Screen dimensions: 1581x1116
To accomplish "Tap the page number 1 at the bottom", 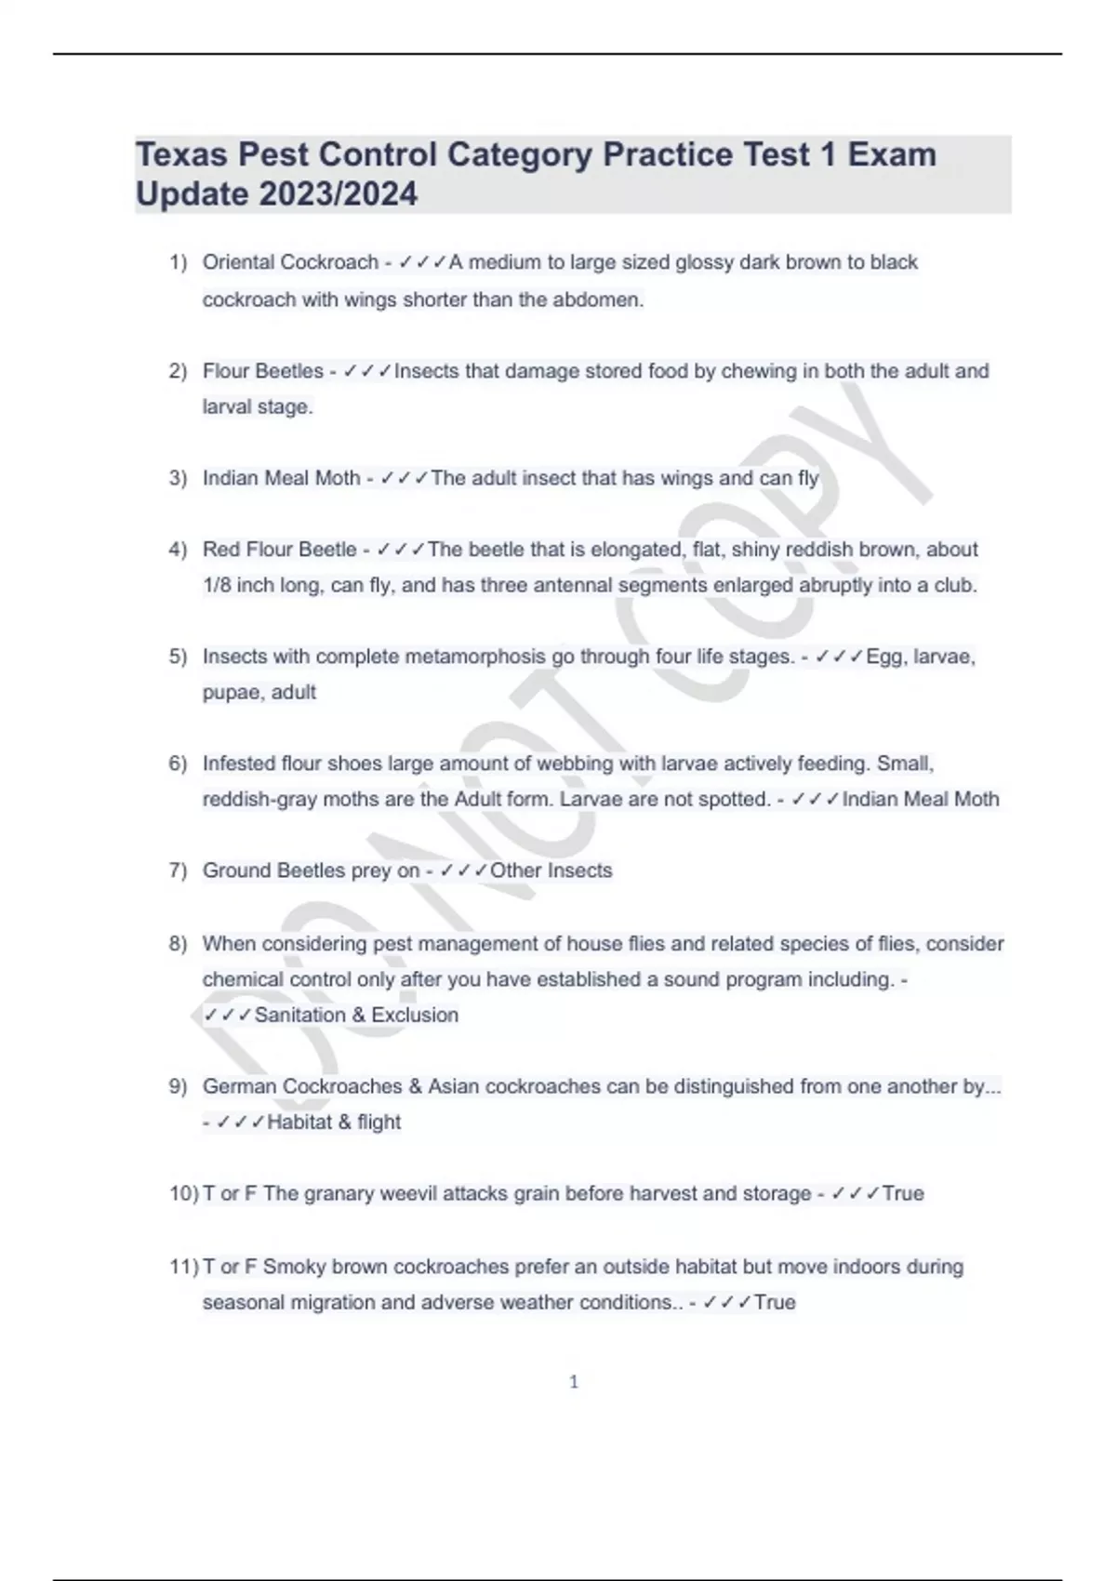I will (x=574, y=1382).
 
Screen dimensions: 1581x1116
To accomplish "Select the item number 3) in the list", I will (x=178, y=478).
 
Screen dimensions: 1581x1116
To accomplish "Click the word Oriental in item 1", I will (x=240, y=262).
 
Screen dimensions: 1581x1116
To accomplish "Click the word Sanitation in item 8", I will (x=299, y=1015).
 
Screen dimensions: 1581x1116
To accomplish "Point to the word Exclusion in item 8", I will (x=414, y=1015).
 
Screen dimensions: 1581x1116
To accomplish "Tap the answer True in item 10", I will (x=902, y=1193).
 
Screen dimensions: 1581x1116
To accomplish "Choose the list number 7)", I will (x=178, y=870).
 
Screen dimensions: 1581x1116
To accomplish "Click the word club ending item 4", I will (x=956, y=585).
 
